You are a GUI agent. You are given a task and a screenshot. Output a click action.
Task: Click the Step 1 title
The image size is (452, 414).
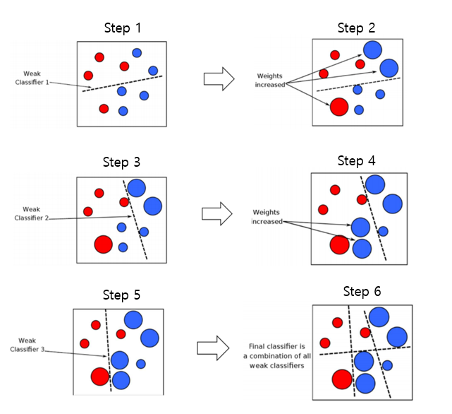click(123, 28)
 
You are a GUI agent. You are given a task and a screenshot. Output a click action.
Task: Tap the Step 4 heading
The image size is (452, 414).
click(356, 161)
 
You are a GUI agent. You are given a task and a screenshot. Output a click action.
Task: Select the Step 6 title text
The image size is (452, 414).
click(362, 291)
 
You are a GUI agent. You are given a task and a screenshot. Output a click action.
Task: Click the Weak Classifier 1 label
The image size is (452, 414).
click(32, 78)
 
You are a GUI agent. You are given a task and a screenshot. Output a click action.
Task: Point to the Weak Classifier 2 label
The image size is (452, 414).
click(32, 213)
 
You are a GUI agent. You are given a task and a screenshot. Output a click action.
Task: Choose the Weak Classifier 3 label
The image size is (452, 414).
click(27, 345)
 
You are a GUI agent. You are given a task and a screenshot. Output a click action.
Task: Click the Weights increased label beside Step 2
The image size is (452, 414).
click(270, 81)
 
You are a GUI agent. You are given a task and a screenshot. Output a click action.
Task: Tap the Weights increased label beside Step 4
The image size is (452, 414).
click(267, 217)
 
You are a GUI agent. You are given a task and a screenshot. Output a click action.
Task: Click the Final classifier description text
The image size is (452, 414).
click(276, 356)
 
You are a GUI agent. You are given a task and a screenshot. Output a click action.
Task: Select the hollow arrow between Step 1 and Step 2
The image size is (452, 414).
click(219, 79)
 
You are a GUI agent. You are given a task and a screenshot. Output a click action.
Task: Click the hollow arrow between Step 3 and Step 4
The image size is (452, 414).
click(217, 214)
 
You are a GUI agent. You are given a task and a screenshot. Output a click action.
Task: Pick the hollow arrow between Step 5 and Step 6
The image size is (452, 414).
click(213, 348)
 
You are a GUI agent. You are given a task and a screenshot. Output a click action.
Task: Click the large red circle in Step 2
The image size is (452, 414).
click(339, 107)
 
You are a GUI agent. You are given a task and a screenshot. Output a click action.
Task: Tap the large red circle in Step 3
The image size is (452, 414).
click(103, 244)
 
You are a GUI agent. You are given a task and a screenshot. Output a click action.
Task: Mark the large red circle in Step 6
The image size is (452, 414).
click(342, 379)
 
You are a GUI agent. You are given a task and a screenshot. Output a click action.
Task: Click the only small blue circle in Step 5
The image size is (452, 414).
click(140, 364)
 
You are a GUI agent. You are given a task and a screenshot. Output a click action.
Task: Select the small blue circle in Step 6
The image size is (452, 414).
click(387, 365)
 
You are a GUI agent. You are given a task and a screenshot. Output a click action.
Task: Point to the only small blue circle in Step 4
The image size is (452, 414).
click(383, 231)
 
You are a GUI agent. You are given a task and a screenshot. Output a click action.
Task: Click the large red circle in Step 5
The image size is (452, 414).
click(99, 377)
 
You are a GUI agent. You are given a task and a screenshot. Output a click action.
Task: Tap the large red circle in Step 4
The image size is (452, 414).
click(339, 244)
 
